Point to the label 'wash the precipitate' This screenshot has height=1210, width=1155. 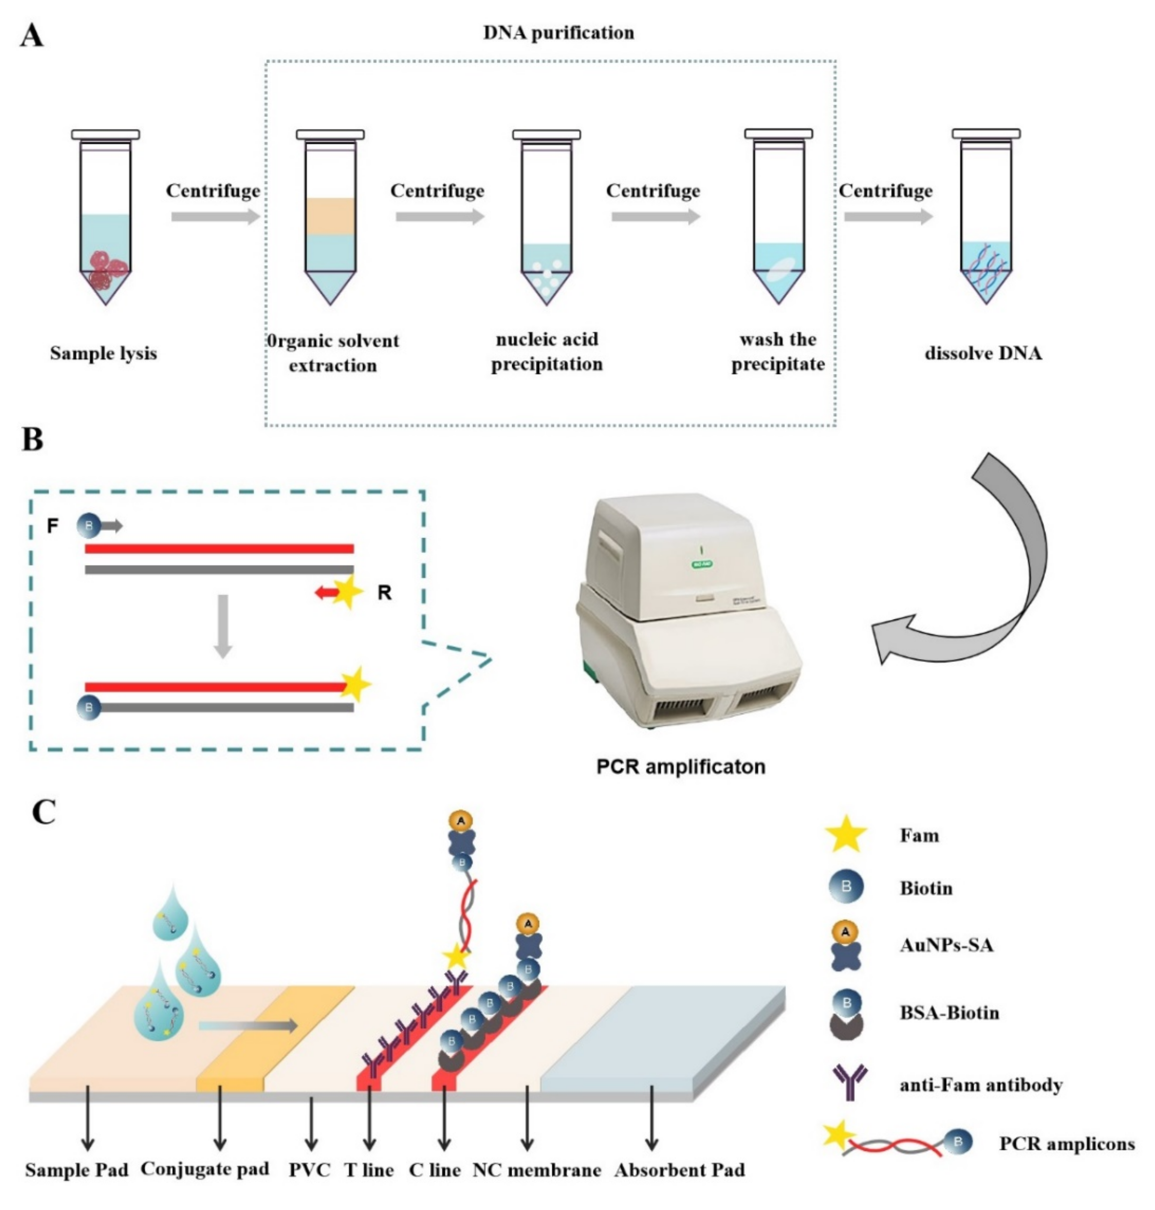[778, 352]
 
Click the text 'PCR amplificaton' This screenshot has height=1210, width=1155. [680, 766]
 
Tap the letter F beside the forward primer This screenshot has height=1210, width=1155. [53, 526]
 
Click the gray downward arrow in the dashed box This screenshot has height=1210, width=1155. [223, 625]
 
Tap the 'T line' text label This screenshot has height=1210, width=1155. [369, 1170]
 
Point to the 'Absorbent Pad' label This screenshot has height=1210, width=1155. [679, 1170]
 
